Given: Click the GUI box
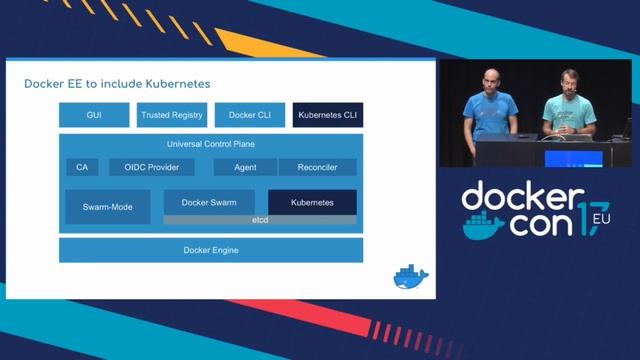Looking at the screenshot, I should pyautogui.click(x=94, y=115).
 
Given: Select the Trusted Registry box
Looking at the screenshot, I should pyautogui.click(x=172, y=115).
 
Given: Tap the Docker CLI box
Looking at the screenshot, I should pyautogui.click(x=250, y=115).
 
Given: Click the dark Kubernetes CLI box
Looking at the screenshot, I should pyautogui.click(x=328, y=115).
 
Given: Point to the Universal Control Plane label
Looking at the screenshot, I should pyautogui.click(x=211, y=144).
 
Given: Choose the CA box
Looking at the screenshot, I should pyautogui.click(x=81, y=167).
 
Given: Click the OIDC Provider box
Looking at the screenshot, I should pyautogui.click(x=152, y=167).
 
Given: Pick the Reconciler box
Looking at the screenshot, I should pyautogui.click(x=317, y=167).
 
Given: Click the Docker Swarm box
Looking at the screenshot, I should pyautogui.click(x=209, y=202).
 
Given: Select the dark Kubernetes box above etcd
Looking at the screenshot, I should pyautogui.click(x=312, y=202).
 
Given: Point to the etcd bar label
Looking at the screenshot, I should pyautogui.click(x=260, y=219).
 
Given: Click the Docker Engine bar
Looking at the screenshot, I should pyautogui.click(x=211, y=250).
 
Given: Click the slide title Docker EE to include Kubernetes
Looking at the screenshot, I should pyautogui.click(x=117, y=83).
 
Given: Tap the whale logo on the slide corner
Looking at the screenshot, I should pyautogui.click(x=410, y=277).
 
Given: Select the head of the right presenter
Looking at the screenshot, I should pyautogui.click(x=568, y=80).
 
